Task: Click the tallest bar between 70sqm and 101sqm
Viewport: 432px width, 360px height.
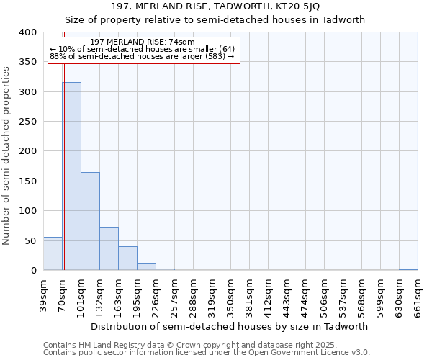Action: [x=71, y=176]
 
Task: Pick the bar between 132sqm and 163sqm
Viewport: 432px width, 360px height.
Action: [x=109, y=248]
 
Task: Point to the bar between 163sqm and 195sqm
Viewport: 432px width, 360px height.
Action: [x=127, y=258]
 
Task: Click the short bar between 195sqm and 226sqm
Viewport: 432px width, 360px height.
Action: [x=146, y=266]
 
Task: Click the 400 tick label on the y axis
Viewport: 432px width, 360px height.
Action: [x=27, y=32]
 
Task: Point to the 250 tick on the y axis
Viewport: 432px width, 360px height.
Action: [x=27, y=122]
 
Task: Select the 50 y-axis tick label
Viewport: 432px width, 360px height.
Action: [x=30, y=240]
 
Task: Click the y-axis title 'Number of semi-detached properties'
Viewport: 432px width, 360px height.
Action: [x=6, y=155]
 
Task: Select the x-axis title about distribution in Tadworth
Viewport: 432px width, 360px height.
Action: [x=230, y=326]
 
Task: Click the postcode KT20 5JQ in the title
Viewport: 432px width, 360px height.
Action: [x=297, y=6]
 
